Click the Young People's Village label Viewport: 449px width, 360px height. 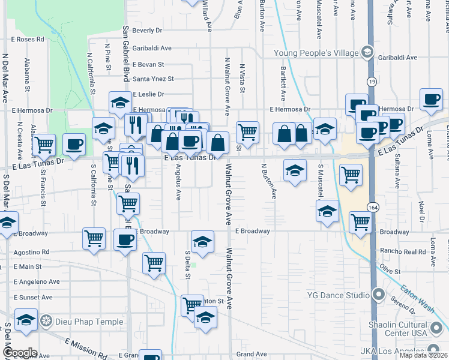(x=315, y=53)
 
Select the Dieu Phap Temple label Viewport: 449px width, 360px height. (x=89, y=322)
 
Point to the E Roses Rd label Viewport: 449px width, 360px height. (x=28, y=39)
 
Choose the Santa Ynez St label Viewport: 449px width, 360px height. (x=153, y=79)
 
